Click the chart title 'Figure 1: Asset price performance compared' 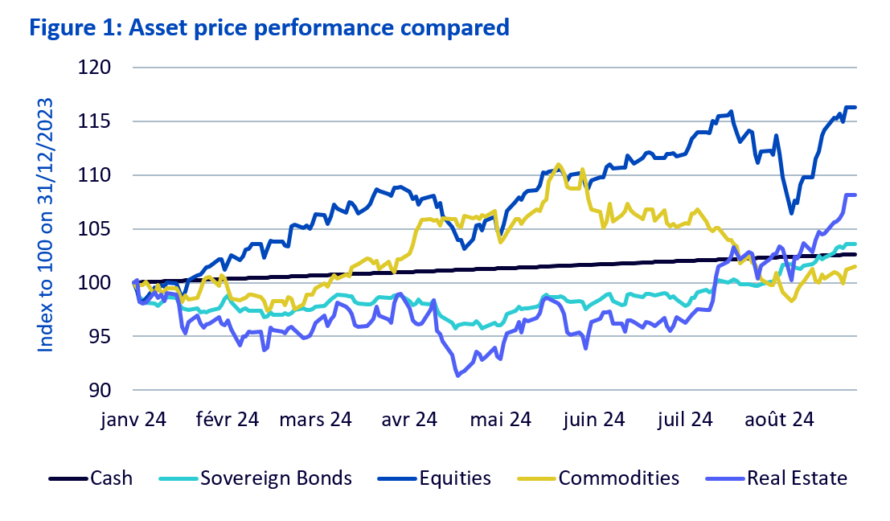pos(269,28)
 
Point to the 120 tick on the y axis pos(98,68)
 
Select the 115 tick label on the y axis pos(98,121)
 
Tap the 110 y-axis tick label pos(98,175)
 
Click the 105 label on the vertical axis pos(98,229)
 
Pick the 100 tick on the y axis pos(98,283)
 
